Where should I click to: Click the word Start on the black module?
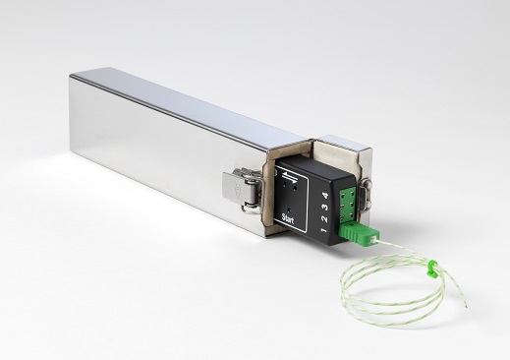point(288,218)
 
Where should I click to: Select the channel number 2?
point(324,219)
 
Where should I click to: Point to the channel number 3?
point(325,208)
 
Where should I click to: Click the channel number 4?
point(325,196)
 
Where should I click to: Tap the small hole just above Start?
point(289,209)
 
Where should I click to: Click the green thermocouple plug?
point(359,233)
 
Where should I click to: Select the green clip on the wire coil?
point(432,265)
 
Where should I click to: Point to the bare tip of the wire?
point(466,307)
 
